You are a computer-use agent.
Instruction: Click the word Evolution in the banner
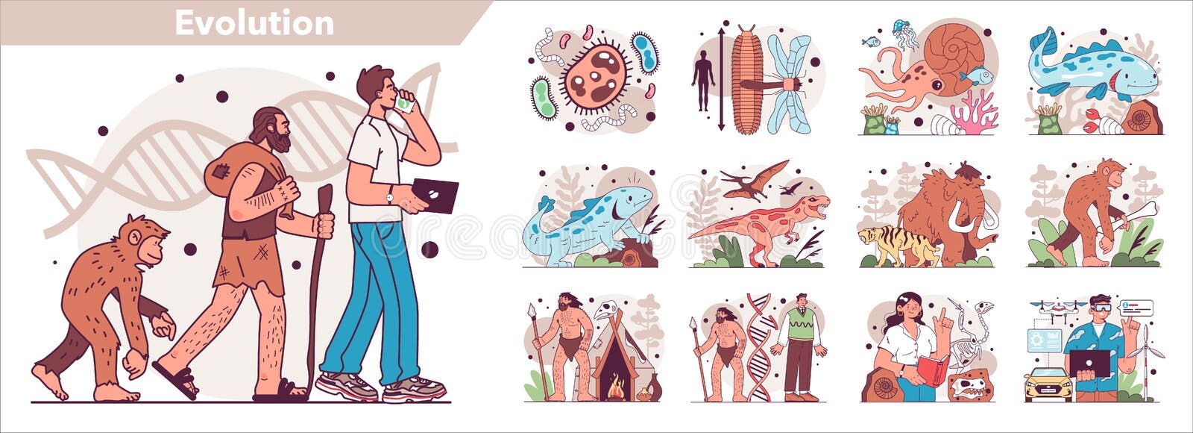[254, 23]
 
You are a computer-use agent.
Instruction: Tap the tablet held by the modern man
[435, 195]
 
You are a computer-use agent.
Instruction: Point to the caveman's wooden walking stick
[318, 288]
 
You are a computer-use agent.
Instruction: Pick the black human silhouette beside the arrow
[703, 81]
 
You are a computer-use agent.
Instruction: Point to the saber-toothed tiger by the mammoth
[898, 246]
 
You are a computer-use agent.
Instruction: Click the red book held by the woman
[931, 370]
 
